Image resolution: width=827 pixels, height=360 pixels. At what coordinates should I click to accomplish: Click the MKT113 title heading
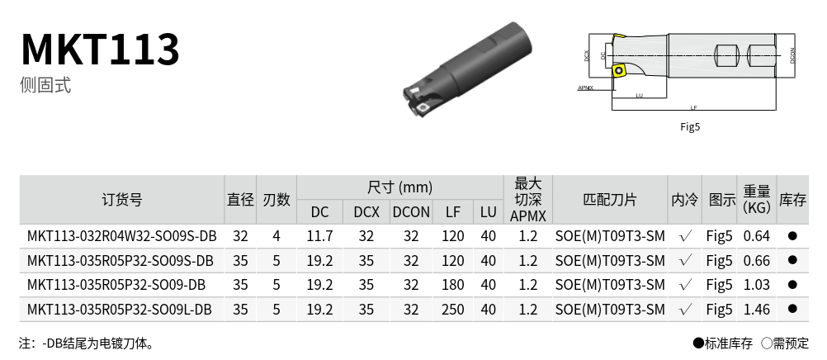pyautogui.click(x=100, y=49)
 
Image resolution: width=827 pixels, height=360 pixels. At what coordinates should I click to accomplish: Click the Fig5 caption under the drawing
pyautogui.click(x=690, y=126)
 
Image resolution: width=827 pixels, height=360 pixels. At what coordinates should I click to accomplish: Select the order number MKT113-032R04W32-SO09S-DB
pyautogui.click(x=122, y=236)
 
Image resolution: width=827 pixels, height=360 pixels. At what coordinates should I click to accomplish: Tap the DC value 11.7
pyautogui.click(x=319, y=236)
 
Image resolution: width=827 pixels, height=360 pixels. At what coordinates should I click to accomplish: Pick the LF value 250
pyautogui.click(x=452, y=310)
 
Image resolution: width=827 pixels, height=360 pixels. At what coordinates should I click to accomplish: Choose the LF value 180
pyautogui.click(x=452, y=285)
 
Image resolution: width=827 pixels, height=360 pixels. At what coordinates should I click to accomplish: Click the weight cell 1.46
pyautogui.click(x=756, y=310)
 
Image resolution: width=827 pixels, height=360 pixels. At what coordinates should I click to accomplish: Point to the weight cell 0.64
pyautogui.click(x=756, y=236)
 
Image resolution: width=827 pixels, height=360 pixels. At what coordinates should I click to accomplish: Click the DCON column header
pyautogui.click(x=411, y=212)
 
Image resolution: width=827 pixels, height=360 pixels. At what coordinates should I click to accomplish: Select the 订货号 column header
pyautogui.click(x=122, y=200)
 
